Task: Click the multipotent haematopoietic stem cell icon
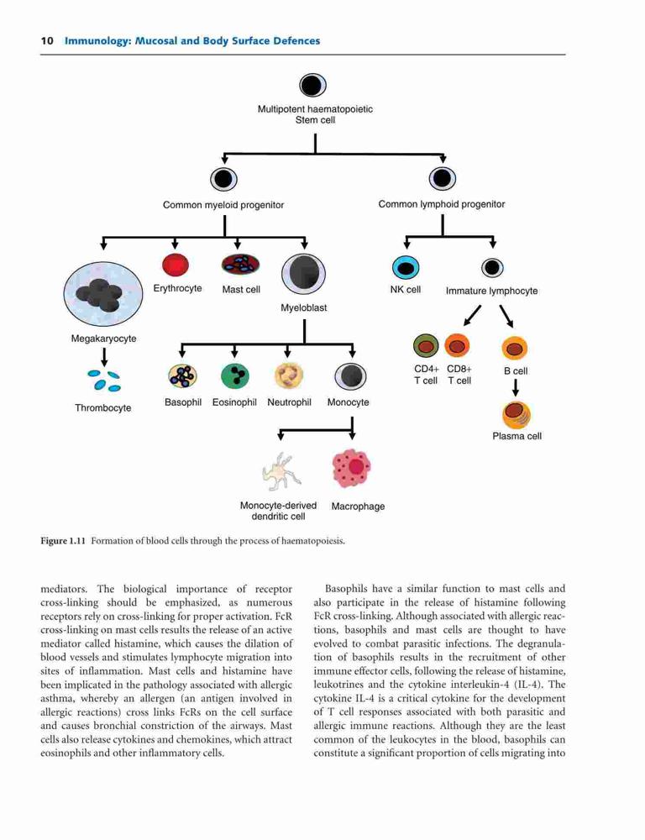tap(312, 85)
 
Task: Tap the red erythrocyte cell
tap(176, 265)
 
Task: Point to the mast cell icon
tap(240, 264)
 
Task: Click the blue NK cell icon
tap(406, 267)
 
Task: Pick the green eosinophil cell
tap(234, 375)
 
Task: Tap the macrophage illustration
tap(351, 468)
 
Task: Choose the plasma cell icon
tap(517, 415)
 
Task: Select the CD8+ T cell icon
tap(457, 345)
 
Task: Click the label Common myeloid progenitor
tap(223, 205)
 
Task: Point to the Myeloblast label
tap(304, 308)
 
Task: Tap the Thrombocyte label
tap(102, 408)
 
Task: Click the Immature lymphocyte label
tap(492, 291)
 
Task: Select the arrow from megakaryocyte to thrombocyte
tap(104, 355)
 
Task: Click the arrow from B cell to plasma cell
tap(516, 388)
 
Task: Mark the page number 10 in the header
tap(46, 40)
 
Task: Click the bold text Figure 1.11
tap(63, 541)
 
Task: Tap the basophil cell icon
tap(183, 375)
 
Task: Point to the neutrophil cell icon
tap(289, 375)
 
